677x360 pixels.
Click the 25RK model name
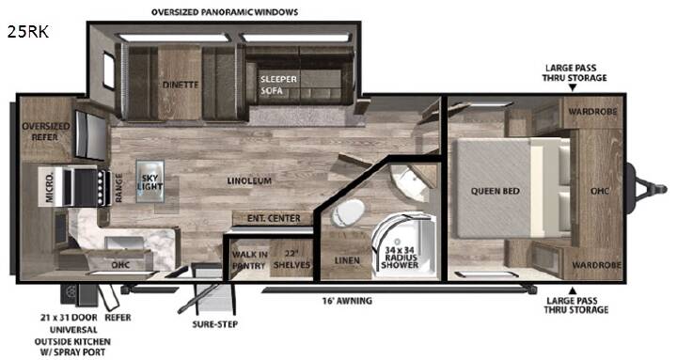tap(27, 32)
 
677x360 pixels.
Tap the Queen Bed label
tap(495, 191)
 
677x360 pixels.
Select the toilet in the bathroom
tap(348, 212)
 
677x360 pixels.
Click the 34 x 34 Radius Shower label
tap(400, 258)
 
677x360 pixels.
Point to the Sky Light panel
tap(150, 181)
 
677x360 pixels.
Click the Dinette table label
tap(181, 85)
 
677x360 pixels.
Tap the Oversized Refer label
tap(46, 132)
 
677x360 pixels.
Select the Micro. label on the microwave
tap(50, 187)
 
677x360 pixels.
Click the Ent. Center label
tap(274, 218)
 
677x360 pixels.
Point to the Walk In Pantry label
tap(249, 259)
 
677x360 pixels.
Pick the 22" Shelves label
tap(291, 259)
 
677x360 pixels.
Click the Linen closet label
tap(347, 260)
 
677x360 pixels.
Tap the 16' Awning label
tap(347, 301)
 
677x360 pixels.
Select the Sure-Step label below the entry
tap(215, 323)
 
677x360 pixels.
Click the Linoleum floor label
tap(249, 180)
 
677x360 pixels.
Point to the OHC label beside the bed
tap(600, 191)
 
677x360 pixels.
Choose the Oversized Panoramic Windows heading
tap(225, 12)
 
